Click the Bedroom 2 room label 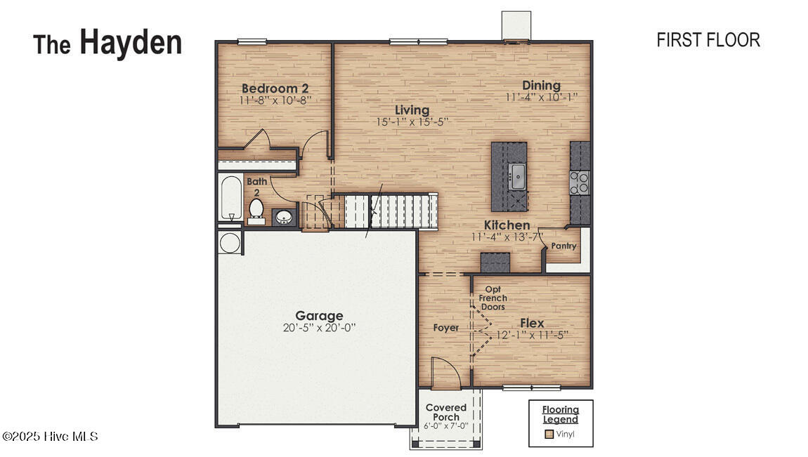(275, 88)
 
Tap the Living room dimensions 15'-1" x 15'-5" (412, 121)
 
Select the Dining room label (541, 86)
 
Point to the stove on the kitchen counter (579, 183)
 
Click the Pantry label (563, 246)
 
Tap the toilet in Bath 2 (256, 210)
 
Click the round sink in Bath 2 (284, 217)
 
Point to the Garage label (319, 316)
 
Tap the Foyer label (445, 328)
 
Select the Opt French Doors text (493, 298)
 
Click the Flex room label (532, 323)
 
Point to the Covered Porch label (446, 412)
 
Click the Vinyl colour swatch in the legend (549, 434)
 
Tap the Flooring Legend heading (560, 414)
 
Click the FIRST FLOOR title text (708, 40)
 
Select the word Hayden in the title (131, 42)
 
